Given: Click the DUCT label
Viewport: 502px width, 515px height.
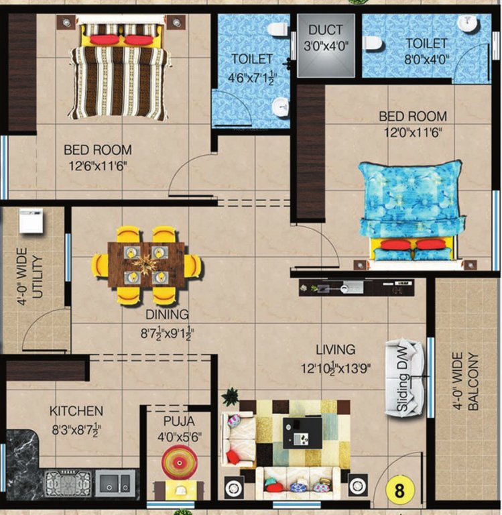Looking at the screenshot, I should tap(326, 30).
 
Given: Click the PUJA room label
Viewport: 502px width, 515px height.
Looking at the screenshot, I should tap(178, 422).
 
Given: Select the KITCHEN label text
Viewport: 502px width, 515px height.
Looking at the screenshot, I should tap(76, 410).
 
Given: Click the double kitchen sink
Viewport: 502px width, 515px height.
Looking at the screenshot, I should tap(115, 481).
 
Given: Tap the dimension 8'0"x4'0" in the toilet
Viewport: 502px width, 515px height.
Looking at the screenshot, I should tap(426, 59).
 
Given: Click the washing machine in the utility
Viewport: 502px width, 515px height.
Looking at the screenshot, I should tap(31, 221).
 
